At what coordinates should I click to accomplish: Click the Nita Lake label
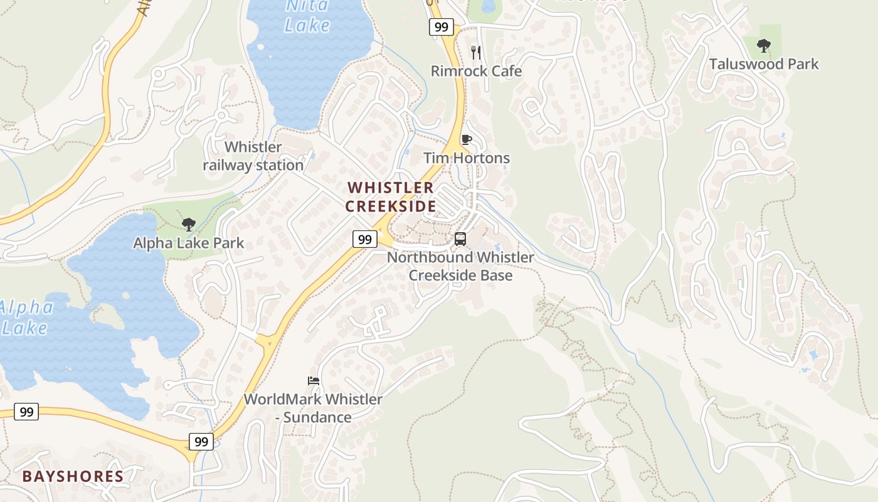[x=307, y=16]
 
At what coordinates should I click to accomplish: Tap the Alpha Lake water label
[x=26, y=318]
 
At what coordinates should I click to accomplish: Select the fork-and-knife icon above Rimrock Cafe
[x=476, y=52]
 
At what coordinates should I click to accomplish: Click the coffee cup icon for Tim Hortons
[x=466, y=139]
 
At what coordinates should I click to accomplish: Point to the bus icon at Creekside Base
[x=460, y=238]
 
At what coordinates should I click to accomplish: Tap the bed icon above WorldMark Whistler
[x=314, y=380]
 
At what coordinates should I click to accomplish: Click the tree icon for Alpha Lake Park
[x=188, y=224]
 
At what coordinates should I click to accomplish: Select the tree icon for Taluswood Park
[x=763, y=45]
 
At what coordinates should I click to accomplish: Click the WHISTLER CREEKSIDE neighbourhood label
[x=390, y=196]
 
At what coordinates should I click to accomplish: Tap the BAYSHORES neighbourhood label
[x=73, y=476]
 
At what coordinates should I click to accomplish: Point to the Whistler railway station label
[x=253, y=156]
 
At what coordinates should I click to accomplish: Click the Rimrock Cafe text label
[x=476, y=71]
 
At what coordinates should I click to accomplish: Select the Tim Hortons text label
[x=467, y=158]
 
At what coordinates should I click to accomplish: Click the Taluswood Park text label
[x=763, y=64]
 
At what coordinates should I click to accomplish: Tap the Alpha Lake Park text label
[x=188, y=243]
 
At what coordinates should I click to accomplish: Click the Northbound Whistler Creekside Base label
[x=460, y=266]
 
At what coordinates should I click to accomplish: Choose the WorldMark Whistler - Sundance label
[x=313, y=408]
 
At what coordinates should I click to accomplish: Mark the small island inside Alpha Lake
[x=109, y=316]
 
